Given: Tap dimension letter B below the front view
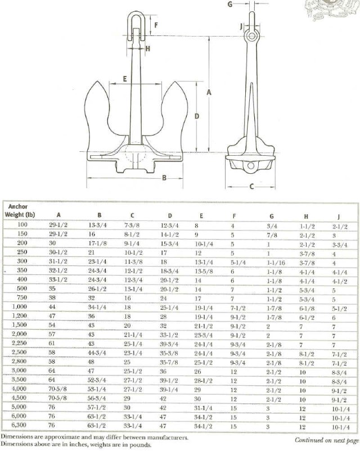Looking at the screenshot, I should coord(164,179).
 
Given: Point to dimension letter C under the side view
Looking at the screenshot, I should coord(251,186).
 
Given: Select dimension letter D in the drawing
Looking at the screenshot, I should coord(196,116).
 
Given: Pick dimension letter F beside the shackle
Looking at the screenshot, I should coord(157,25).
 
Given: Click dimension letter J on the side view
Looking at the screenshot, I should coord(240,26).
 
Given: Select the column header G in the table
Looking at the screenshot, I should coord(272,215).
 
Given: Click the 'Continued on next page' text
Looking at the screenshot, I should coord(326,440).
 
